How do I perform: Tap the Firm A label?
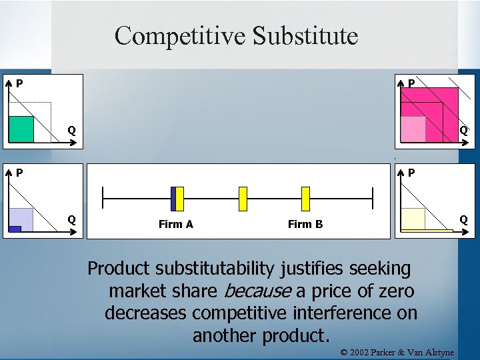[x=176, y=224]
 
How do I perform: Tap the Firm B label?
[x=305, y=224]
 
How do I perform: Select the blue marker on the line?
[x=173, y=199]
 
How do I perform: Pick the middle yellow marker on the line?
[x=243, y=199]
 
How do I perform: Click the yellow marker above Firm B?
[x=306, y=199]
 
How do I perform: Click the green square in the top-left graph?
[x=21, y=129]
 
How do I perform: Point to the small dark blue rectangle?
[x=15, y=229]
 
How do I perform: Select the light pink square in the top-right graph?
[x=413, y=129]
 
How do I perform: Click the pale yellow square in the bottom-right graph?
[x=413, y=219]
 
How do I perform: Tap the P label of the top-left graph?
[x=20, y=84]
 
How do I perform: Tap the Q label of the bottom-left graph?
[x=70, y=219]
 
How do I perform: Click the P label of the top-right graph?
[x=412, y=84]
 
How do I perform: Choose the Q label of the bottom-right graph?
[x=463, y=219]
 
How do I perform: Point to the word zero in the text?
[x=395, y=291]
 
